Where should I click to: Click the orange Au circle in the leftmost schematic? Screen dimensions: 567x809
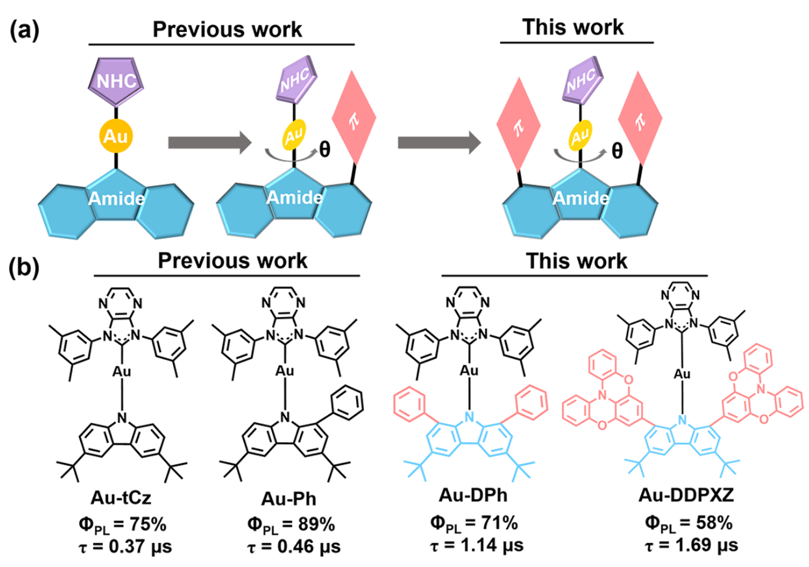pyautogui.click(x=117, y=138)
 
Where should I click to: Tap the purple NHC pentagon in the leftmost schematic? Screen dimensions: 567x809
pyautogui.click(x=117, y=81)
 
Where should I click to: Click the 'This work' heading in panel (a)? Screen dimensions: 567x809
pyautogui.click(x=576, y=29)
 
